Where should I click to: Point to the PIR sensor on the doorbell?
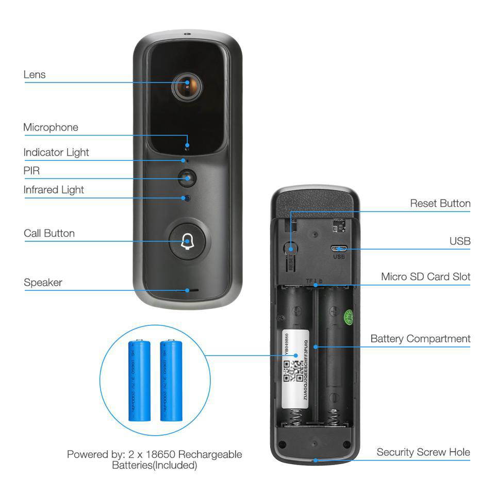pyautogui.click(x=187, y=178)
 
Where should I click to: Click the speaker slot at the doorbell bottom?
pyautogui.click(x=192, y=290)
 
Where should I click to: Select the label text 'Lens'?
pyautogui.click(x=35, y=75)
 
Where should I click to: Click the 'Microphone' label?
pyautogui.click(x=51, y=127)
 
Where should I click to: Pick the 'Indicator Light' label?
pyautogui.click(x=56, y=153)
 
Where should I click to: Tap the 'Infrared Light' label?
pyautogui.click(x=54, y=190)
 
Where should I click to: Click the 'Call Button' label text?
pyautogui.click(x=49, y=233)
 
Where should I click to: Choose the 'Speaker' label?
pyautogui.click(x=43, y=283)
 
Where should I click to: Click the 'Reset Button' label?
pyautogui.click(x=440, y=203)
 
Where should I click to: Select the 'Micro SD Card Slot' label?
pyautogui.click(x=425, y=277)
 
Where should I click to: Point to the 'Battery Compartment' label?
pyautogui.click(x=420, y=339)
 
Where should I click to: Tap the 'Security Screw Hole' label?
pyautogui.click(x=423, y=452)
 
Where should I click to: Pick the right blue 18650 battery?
pyautogui.click(x=171, y=380)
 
